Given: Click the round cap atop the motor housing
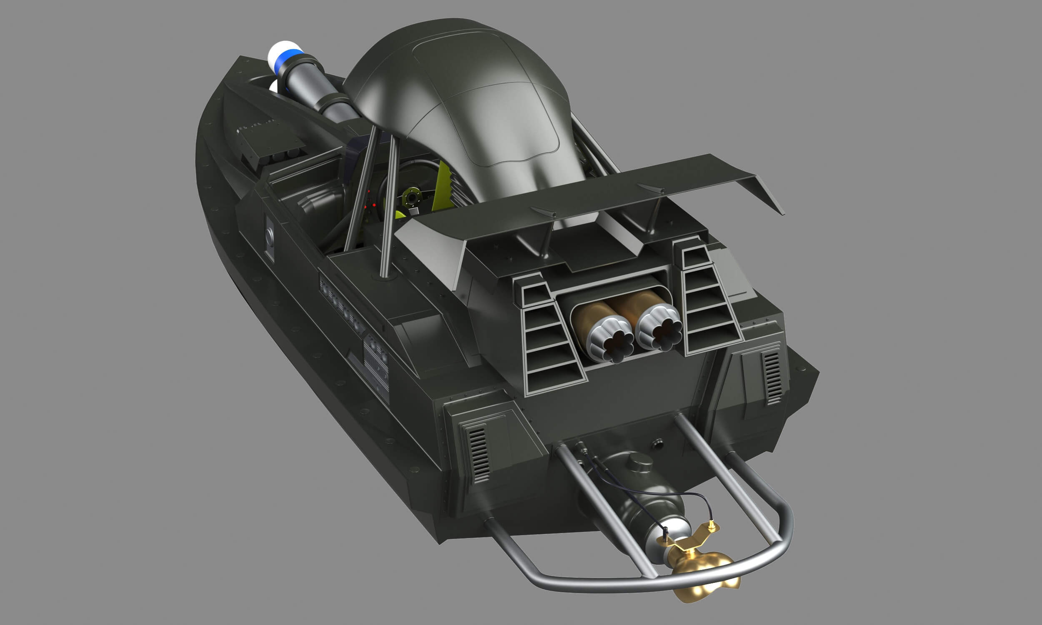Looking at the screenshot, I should pyautogui.click(x=639, y=462).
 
